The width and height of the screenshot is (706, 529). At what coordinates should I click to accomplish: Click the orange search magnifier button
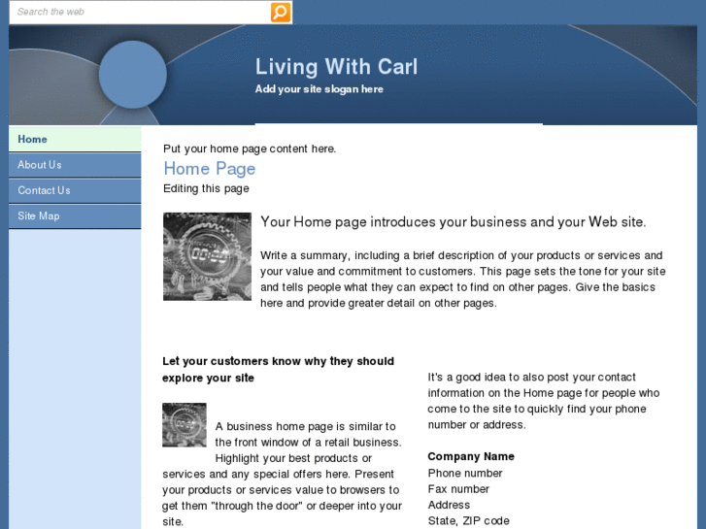(x=280, y=12)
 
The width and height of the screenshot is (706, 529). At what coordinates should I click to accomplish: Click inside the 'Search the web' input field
(x=136, y=12)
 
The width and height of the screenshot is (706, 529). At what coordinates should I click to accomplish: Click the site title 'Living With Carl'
(x=336, y=67)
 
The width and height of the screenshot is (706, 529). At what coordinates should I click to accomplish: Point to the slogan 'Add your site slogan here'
(x=319, y=89)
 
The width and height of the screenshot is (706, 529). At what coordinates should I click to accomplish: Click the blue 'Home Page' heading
(x=209, y=169)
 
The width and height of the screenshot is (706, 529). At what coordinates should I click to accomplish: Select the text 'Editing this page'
(x=206, y=188)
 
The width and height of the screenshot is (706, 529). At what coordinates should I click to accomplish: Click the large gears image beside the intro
(x=207, y=256)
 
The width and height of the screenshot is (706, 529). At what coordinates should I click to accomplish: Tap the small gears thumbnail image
(x=184, y=425)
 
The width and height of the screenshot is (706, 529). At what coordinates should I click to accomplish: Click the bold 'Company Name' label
(x=471, y=456)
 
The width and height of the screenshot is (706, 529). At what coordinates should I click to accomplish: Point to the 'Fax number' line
(x=458, y=489)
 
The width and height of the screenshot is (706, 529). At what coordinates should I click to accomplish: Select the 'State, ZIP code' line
(x=468, y=520)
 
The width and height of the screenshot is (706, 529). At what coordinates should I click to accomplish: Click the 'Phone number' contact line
(x=465, y=473)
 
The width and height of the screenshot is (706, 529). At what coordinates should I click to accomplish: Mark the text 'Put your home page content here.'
(x=250, y=149)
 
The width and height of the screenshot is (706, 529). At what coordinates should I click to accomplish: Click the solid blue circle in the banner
(x=133, y=74)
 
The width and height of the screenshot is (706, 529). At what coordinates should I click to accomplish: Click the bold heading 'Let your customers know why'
(x=278, y=361)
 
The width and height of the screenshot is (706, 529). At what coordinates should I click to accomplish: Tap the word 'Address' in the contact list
(x=449, y=505)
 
